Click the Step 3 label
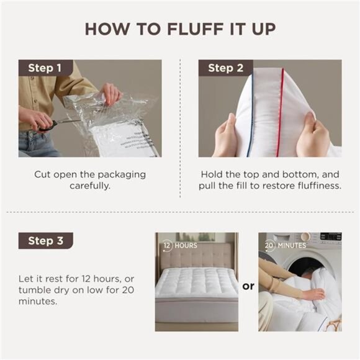[45, 241]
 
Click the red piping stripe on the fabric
[281, 112]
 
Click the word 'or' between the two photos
[248, 286]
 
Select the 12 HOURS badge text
[180, 245]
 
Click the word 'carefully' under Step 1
[89, 186]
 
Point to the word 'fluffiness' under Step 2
[313, 186]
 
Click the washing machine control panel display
[330, 238]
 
